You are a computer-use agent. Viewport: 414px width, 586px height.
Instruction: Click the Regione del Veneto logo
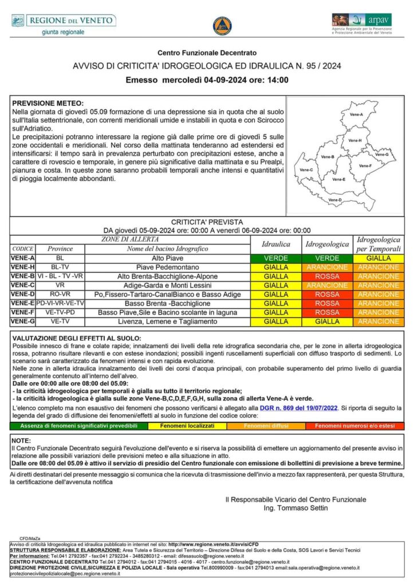click(63, 23)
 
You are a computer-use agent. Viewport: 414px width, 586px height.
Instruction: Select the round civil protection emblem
click(222, 26)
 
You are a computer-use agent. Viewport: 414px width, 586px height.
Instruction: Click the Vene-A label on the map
click(356, 115)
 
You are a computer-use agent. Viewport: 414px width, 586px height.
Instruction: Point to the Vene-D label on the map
click(336, 200)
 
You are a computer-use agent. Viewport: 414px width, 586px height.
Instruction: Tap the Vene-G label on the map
click(381, 155)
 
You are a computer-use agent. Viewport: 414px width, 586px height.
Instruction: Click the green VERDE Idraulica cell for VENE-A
click(276, 258)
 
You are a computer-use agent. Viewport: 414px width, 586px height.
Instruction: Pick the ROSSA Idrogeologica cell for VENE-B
click(327, 276)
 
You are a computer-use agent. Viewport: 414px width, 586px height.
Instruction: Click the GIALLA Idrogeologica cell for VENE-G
click(327, 322)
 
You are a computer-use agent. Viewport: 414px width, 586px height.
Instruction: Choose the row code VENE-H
click(23, 267)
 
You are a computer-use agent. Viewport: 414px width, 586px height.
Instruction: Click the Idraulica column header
click(276, 244)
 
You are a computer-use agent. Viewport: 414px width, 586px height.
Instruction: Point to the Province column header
click(60, 249)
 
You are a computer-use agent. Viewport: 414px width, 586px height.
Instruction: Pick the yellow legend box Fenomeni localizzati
click(187, 426)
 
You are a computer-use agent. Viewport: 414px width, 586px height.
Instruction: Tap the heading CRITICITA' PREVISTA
click(207, 221)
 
